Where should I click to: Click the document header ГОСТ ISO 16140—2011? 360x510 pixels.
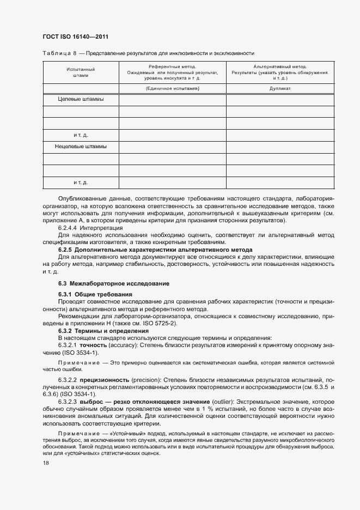click(x=75, y=37)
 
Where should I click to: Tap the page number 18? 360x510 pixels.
click(x=46, y=462)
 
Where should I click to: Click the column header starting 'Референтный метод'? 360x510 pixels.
click(x=173, y=72)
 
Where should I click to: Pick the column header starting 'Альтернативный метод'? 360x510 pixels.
click(x=280, y=72)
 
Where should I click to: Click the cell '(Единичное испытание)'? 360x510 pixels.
click(x=173, y=88)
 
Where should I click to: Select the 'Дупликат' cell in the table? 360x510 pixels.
click(x=280, y=88)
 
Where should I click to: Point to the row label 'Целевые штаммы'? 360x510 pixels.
click(x=81, y=100)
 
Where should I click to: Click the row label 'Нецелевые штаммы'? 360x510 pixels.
click(x=81, y=147)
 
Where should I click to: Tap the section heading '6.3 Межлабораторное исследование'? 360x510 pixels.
click(x=113, y=284)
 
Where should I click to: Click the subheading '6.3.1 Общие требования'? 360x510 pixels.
click(x=96, y=294)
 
